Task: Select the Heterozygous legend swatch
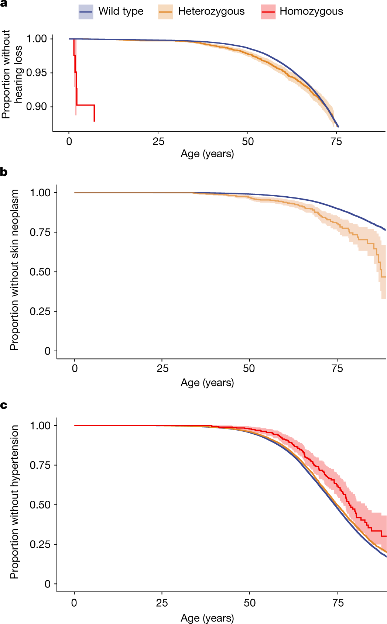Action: pos(165,12)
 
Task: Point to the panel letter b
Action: pos(4,172)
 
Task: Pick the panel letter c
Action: pos(4,405)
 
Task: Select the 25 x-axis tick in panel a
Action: pos(158,142)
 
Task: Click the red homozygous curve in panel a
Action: pos(85,105)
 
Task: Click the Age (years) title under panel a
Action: pos(207,154)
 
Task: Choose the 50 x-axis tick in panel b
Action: pos(249,368)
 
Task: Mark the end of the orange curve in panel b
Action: pos(385,277)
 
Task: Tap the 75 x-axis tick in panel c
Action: pos(338,603)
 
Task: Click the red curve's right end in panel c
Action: pos(386,536)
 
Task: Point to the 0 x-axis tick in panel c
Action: pos(74,603)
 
